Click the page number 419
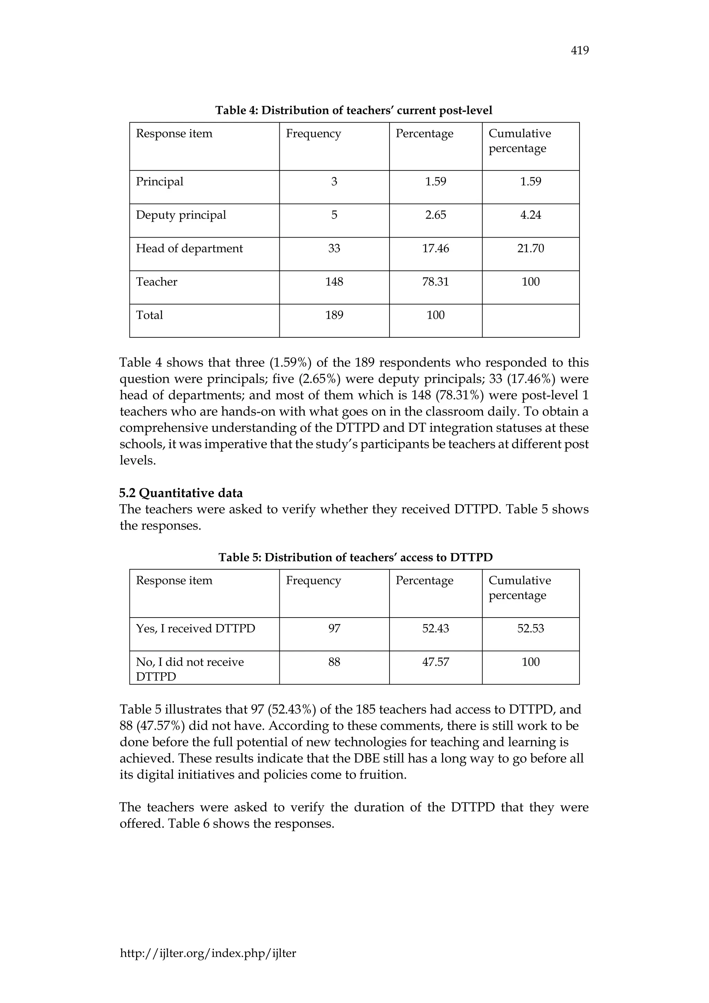[579, 51]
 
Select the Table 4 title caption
[353, 110]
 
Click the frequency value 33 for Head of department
[334, 249]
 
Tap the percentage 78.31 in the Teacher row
[435, 282]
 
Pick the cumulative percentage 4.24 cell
[530, 215]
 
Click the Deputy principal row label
[181, 215]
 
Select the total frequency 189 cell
[334, 315]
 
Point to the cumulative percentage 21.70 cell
[530, 249]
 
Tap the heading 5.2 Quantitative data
[181, 493]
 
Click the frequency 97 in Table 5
[334, 629]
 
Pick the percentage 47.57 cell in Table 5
[435, 662]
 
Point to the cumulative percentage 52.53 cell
[530, 629]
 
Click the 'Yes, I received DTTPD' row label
[195, 629]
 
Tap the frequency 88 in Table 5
[334, 662]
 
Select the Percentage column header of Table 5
[424, 580]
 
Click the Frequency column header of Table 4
[313, 134]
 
